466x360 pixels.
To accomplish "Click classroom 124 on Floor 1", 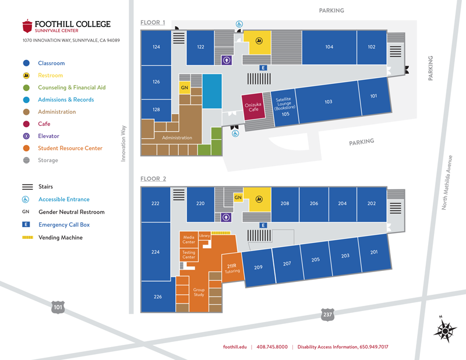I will coord(156,47).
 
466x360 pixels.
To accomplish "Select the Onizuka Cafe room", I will coord(253,108).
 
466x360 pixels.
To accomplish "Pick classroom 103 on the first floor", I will coord(328,102).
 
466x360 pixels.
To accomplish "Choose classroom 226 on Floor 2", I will coord(157,297).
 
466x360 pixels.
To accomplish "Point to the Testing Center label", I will coord(189,255).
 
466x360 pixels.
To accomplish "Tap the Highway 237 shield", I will coord(327,315).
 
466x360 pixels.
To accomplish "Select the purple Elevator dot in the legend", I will coord(26,136).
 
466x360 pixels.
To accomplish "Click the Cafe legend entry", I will coord(44,123).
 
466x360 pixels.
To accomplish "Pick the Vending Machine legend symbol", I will coord(26,238).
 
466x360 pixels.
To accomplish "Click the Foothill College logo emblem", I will coord(27,26).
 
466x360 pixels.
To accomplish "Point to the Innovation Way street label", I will coord(123,142).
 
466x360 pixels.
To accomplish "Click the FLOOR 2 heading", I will coord(153,179).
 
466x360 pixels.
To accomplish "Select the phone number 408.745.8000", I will coord(271,347).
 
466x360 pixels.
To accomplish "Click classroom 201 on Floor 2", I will coord(373,252).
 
